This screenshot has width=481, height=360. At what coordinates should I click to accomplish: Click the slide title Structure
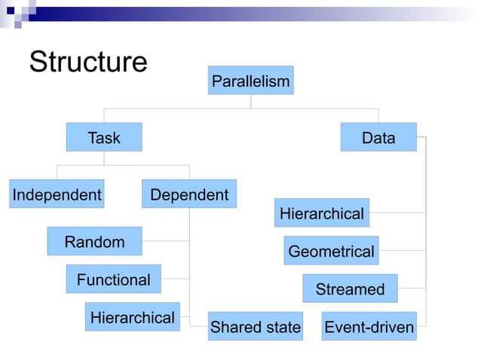point(87,63)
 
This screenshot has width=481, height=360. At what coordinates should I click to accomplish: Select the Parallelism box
point(250,81)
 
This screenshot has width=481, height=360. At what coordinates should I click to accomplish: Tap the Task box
point(104,137)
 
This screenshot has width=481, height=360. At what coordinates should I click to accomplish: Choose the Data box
point(378,137)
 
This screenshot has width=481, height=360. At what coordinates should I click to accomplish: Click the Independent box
point(57,194)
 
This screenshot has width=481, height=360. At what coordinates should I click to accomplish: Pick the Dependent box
point(189,194)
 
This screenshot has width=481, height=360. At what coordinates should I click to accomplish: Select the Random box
point(94,241)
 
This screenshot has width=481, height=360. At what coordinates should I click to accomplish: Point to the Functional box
point(113,279)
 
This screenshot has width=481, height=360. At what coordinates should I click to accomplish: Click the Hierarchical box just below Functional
point(132,317)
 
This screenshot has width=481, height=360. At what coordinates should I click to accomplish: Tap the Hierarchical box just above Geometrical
point(322,213)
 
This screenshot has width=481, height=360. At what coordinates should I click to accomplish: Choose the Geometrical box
point(331,251)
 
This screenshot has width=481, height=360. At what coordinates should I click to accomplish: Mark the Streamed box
point(350,288)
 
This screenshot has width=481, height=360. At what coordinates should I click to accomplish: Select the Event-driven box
point(369,327)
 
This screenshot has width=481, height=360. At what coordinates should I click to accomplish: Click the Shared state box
point(255,327)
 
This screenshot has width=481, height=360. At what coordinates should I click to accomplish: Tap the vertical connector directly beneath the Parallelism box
point(251,102)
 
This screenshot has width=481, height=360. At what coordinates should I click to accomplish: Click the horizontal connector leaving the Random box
point(165,241)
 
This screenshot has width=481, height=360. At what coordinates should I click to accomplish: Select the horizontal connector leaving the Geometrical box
point(402,251)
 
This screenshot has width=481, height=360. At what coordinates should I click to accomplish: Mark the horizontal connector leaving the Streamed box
point(412,288)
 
